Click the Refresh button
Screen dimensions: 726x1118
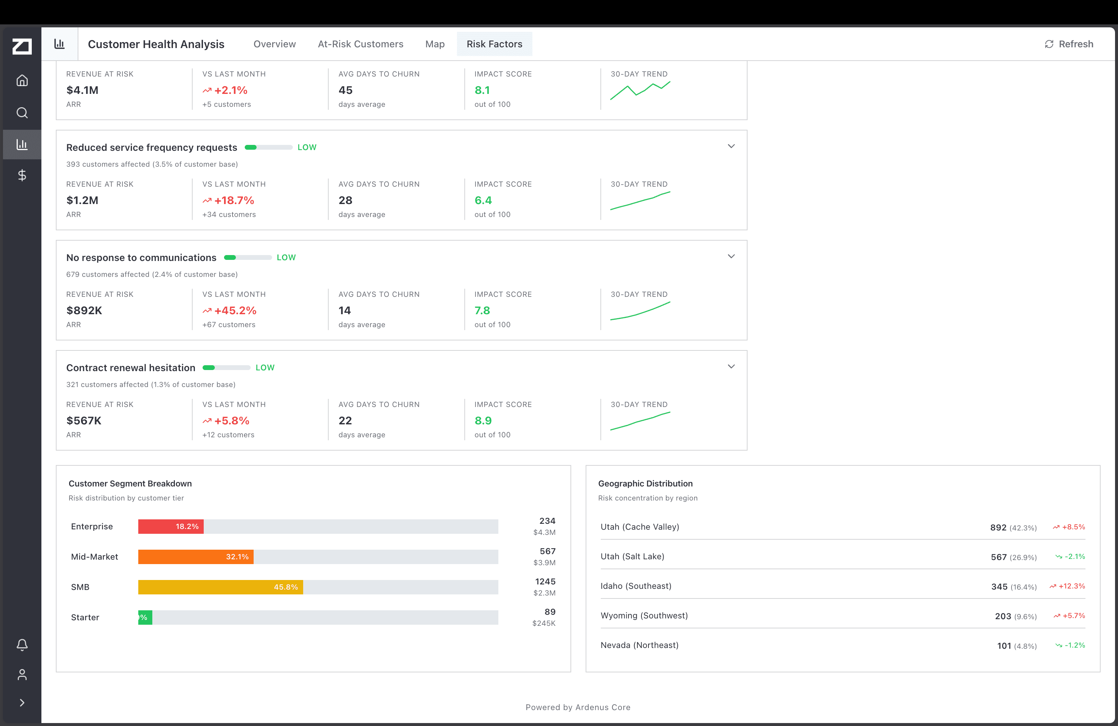pyautogui.click(x=1069, y=44)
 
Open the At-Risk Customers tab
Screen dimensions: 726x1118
pyautogui.click(x=360, y=44)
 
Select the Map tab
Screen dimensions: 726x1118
pyautogui.click(x=434, y=44)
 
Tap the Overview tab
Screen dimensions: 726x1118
pyautogui.click(x=274, y=44)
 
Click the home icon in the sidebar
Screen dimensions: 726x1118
pyautogui.click(x=22, y=81)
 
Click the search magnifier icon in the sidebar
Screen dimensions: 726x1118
pyautogui.click(x=22, y=113)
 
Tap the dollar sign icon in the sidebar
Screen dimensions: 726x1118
pyautogui.click(x=22, y=175)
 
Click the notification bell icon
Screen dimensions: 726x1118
pyautogui.click(x=22, y=645)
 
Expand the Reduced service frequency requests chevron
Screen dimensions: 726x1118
pyautogui.click(x=731, y=146)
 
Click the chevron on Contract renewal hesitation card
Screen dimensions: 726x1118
pyautogui.click(x=731, y=367)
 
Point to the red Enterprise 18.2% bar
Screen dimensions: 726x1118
pyautogui.click(x=170, y=526)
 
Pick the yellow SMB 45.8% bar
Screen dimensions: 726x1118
pyautogui.click(x=220, y=587)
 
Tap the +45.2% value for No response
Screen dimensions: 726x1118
pyautogui.click(x=235, y=311)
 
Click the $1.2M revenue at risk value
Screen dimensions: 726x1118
pyautogui.click(x=82, y=200)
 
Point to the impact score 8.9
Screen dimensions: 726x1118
pyautogui.click(x=483, y=421)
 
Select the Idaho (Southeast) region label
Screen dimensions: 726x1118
pyautogui.click(x=636, y=586)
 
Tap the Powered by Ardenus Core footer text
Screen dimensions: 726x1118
pyautogui.click(x=578, y=707)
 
